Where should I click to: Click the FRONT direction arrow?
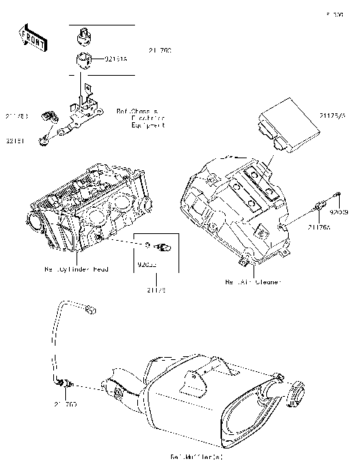31,38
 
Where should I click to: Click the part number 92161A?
115,58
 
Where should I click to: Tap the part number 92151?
15,139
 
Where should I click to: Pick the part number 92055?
147,264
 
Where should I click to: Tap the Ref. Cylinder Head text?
76,268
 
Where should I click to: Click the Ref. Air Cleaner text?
252,283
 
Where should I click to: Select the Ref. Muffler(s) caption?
197,456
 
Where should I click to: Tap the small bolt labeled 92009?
337,199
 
